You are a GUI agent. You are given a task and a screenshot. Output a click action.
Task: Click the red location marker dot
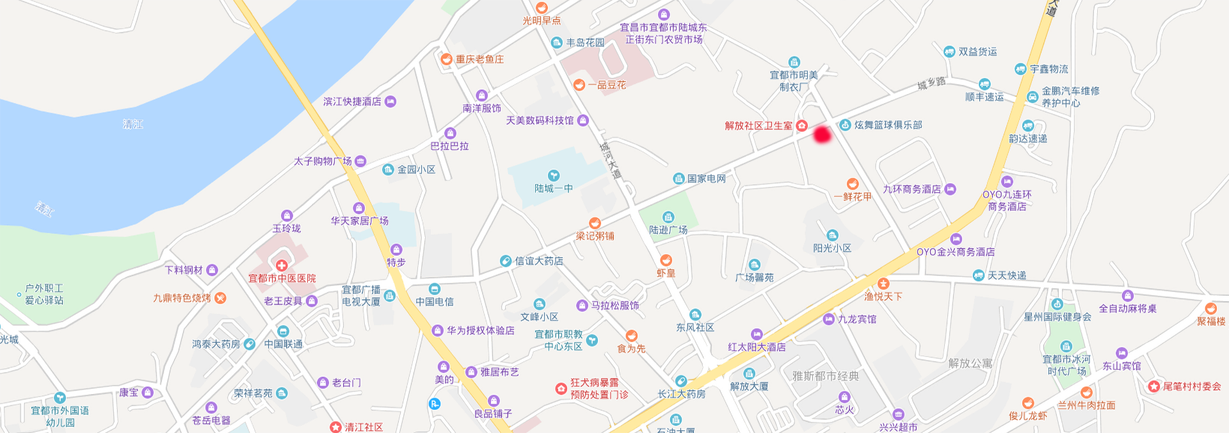[822, 135]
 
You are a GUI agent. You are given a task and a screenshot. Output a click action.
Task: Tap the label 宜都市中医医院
[282, 279]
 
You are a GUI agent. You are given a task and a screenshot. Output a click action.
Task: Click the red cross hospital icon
[282, 265]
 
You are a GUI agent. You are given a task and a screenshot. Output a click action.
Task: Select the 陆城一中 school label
[554, 188]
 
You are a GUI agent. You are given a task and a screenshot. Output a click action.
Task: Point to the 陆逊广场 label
[668, 230]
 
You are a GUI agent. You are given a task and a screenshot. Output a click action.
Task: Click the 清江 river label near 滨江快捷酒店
[133, 124]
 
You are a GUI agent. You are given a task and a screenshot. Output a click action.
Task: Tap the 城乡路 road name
[931, 83]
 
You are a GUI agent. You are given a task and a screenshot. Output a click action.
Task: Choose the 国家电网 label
[707, 179]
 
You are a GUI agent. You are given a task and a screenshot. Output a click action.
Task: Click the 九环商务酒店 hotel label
[912, 190]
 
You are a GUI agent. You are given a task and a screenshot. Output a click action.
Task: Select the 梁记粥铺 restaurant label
[595, 236]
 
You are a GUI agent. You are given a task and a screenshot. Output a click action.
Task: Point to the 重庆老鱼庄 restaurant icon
[447, 59]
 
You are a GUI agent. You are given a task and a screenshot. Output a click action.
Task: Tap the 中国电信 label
[435, 302]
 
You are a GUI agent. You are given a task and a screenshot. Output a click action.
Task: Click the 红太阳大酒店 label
[757, 347]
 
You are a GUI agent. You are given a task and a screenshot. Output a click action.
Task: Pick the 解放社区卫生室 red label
[759, 126]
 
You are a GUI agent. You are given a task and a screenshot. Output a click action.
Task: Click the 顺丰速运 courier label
[984, 97]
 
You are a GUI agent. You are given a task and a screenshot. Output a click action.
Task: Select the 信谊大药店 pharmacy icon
[506, 261]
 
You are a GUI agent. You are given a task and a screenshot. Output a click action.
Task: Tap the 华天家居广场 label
[360, 221]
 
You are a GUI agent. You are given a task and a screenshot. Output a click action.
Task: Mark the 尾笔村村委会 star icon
[1153, 386]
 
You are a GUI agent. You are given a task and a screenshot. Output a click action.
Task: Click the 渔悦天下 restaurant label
[883, 297]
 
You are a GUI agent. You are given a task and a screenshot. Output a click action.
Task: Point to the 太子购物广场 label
[323, 161]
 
